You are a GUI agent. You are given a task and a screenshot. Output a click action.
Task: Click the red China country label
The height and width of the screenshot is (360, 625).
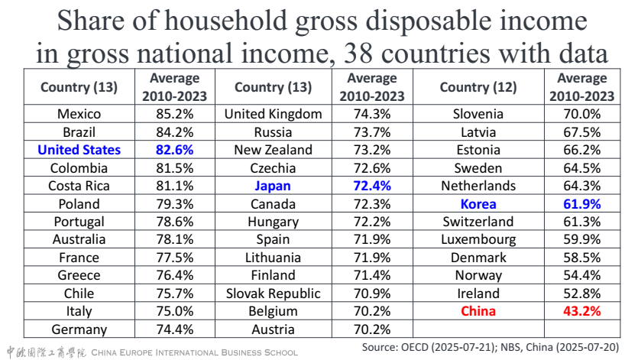point(478,311)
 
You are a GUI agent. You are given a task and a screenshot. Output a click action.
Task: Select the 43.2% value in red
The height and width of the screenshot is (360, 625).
point(579,311)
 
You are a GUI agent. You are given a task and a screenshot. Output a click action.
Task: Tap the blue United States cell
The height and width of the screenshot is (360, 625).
point(79,150)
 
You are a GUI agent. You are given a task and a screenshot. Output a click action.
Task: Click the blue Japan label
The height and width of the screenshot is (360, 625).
point(273,186)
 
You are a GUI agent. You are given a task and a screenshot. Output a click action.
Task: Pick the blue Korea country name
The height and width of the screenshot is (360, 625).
point(478,204)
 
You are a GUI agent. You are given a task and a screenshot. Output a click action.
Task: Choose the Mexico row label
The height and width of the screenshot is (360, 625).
point(79,115)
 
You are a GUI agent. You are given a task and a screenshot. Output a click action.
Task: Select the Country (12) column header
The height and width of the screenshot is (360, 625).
point(478,86)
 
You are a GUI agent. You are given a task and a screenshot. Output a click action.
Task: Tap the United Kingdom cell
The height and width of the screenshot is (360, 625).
point(273,115)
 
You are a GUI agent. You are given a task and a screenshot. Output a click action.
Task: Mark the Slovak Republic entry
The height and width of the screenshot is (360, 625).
point(273,294)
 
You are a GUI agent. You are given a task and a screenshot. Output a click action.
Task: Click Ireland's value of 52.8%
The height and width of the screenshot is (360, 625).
point(579,294)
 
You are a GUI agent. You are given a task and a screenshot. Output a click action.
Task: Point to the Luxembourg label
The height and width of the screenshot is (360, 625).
point(478,239)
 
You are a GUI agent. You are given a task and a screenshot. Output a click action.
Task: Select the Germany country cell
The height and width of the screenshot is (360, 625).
point(79,329)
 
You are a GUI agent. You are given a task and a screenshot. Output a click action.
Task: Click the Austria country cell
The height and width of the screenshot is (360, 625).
point(273,329)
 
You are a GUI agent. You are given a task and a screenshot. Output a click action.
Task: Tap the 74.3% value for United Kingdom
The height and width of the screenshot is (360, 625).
point(371,115)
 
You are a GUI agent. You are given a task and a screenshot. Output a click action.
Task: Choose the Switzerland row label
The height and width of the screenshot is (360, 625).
point(478,222)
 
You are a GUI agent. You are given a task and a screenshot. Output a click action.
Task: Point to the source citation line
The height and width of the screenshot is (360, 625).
point(489,348)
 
